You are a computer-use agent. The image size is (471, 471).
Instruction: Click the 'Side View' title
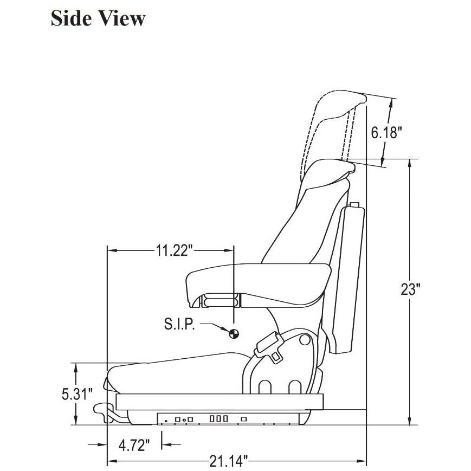[98, 18]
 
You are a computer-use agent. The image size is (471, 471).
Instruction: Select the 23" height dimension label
[410, 289]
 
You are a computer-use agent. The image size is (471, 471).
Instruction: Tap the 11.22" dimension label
[174, 250]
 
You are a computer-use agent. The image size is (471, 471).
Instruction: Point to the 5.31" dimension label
[77, 394]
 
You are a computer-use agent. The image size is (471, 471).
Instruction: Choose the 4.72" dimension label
[134, 445]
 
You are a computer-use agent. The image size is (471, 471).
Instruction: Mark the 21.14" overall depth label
[229, 461]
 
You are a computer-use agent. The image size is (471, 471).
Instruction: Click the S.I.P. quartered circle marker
[234, 333]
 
